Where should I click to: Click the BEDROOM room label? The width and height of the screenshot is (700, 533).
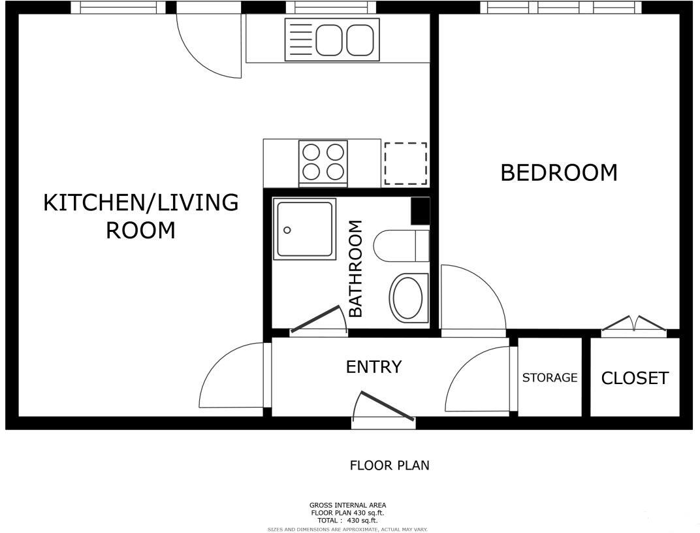click(558, 173)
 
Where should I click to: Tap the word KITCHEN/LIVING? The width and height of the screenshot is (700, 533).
click(140, 202)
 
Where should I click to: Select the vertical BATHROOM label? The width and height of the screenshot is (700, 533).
click(355, 268)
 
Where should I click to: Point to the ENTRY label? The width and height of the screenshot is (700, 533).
click(374, 367)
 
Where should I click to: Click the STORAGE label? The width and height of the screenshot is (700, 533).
click(550, 378)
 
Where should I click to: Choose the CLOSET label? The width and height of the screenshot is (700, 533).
click(635, 378)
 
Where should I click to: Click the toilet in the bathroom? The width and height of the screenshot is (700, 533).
click(400, 246)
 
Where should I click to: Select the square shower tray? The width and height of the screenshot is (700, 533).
click(306, 229)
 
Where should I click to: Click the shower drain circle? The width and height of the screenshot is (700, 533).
click(287, 230)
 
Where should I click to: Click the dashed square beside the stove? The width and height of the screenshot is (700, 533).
click(406, 163)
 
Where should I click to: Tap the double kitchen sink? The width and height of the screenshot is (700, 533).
click(332, 40)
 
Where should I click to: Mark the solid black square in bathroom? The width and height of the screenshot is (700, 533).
click(420, 211)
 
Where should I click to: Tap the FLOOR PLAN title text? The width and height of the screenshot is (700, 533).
click(390, 466)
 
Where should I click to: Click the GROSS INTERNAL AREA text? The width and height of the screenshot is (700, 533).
click(347, 505)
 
